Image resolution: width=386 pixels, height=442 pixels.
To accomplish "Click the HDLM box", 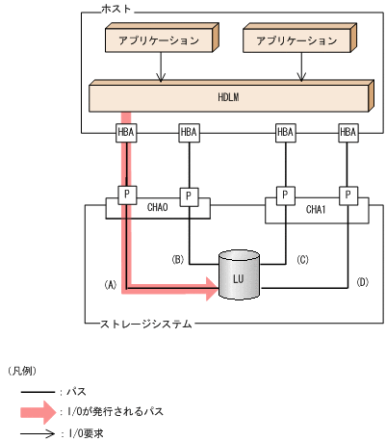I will click(x=227, y=97).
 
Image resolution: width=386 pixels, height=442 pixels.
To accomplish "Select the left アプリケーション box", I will click(x=158, y=41).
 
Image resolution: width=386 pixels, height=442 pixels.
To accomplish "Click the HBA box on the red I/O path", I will click(x=126, y=132).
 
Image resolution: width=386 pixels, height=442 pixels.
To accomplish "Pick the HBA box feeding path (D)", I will click(x=347, y=132).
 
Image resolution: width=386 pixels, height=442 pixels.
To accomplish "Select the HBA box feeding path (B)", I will click(x=189, y=132).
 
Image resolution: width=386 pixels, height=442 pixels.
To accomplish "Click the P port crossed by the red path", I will click(x=126, y=195).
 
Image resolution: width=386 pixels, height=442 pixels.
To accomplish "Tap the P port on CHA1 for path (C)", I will click(x=285, y=195).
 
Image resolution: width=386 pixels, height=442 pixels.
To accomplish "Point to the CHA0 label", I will click(x=158, y=205).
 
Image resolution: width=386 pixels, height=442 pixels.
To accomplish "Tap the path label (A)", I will click(x=110, y=285).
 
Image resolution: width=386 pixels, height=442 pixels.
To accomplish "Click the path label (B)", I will click(x=178, y=259).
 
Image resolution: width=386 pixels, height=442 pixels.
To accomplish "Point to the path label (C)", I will click(x=300, y=259).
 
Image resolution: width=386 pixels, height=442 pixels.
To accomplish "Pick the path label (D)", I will click(x=362, y=282).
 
